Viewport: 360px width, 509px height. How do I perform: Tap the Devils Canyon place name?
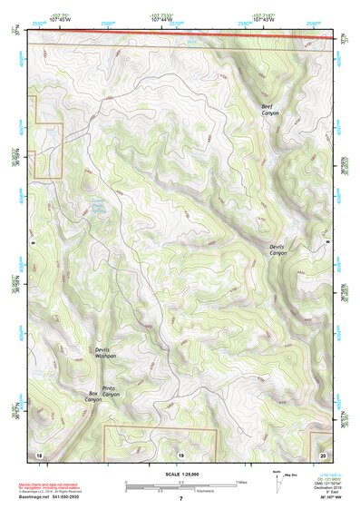click(277, 249)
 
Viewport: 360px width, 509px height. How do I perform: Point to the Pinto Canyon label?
click(110, 392)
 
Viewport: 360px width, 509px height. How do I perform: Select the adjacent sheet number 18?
click(38, 454)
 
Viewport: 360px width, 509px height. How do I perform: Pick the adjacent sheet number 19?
click(180, 454)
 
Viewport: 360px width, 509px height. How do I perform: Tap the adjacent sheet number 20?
click(323, 454)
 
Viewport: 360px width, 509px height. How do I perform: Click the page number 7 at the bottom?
click(180, 499)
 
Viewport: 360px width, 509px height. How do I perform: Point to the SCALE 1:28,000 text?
click(180, 475)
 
